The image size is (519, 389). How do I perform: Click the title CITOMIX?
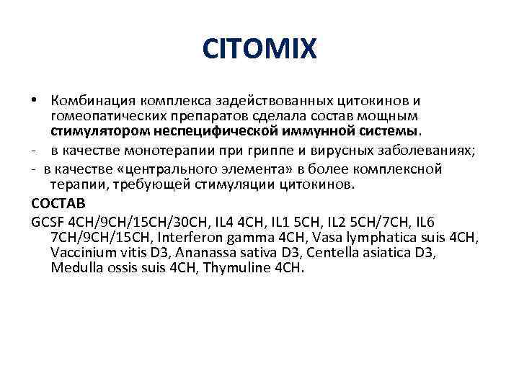pyautogui.click(x=259, y=49)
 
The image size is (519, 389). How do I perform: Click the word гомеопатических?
pyautogui.click(x=106, y=115)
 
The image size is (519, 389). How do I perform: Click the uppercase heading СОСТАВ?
pyautogui.click(x=59, y=203)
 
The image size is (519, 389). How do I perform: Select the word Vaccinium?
pyautogui.click(x=81, y=253)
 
